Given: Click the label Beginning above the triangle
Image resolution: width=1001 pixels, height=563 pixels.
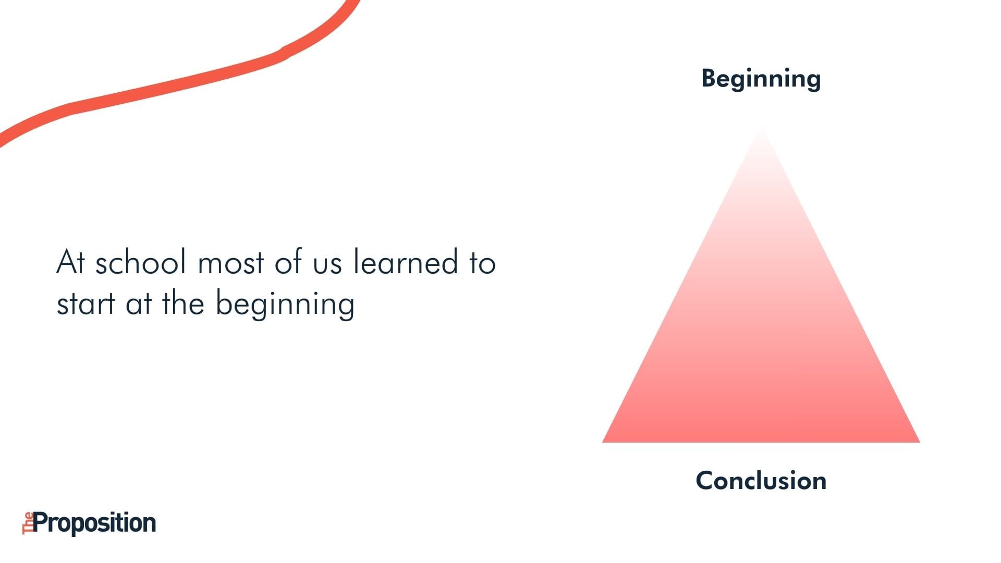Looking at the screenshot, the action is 761,80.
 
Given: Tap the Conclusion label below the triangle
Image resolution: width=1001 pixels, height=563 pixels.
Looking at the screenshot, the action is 761,480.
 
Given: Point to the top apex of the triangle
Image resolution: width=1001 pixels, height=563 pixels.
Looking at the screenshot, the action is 762,127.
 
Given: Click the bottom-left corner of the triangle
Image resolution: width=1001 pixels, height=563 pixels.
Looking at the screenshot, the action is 603,442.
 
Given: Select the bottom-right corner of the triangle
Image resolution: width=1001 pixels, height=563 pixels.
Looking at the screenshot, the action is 920,442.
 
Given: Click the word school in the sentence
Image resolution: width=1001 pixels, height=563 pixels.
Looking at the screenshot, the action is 141,262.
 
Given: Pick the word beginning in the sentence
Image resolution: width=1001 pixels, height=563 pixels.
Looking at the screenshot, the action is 285,304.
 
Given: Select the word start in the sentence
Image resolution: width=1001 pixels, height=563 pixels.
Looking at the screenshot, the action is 86,304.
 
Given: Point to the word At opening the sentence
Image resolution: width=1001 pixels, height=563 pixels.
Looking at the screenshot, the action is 70,262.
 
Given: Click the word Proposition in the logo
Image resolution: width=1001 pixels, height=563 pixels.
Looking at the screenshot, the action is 95,523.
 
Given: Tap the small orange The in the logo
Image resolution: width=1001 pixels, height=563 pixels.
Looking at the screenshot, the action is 28,523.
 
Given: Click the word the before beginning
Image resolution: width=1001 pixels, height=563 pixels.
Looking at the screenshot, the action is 183,303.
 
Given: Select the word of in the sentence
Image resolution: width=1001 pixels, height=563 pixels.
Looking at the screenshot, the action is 288,262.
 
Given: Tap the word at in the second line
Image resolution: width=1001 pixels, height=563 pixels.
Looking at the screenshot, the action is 138,304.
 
